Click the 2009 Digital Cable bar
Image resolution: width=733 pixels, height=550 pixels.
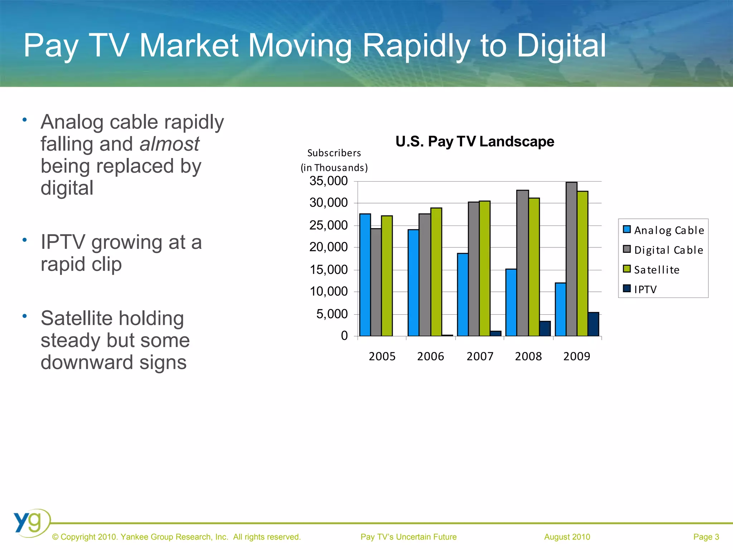pyautogui.click(x=571, y=259)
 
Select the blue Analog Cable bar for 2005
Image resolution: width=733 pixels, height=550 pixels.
pyautogui.click(x=365, y=275)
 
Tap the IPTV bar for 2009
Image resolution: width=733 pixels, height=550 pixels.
pyautogui.click(x=593, y=324)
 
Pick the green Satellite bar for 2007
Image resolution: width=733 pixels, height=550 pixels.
pyautogui.click(x=485, y=269)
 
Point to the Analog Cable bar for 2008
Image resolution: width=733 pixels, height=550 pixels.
pyautogui.click(x=511, y=303)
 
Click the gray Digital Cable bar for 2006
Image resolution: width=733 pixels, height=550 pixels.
pyautogui.click(x=424, y=275)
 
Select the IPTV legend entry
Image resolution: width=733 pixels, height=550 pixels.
pyautogui.click(x=645, y=289)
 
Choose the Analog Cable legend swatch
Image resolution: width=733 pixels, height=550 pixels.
pyautogui.click(x=627, y=230)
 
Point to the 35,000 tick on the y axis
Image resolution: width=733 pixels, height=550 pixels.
pyautogui.click(x=329, y=181)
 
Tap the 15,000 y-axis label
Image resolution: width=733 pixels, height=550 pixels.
pyautogui.click(x=329, y=270)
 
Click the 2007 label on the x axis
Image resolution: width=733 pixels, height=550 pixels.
pyautogui.click(x=480, y=357)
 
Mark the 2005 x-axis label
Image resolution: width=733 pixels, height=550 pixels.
pyautogui.click(x=382, y=357)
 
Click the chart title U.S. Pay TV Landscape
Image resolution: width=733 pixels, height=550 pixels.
pyautogui.click(x=475, y=142)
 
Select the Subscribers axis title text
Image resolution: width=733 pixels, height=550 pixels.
pyautogui.click(x=334, y=153)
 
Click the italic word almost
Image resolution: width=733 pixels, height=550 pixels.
pyautogui.click(x=169, y=144)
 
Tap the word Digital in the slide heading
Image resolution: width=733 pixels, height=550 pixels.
pyautogui.click(x=561, y=45)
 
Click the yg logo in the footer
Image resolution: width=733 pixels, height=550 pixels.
pyautogui.click(x=30, y=522)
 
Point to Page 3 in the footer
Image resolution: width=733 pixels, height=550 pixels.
pyautogui.click(x=706, y=537)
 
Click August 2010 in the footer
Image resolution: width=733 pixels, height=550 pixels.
pyautogui.click(x=567, y=537)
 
